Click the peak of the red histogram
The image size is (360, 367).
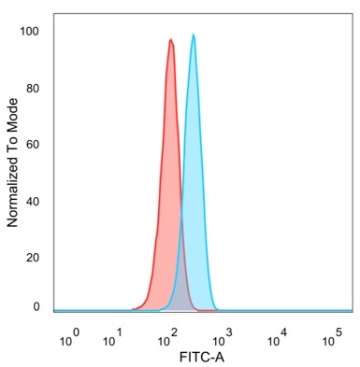tap(170, 40)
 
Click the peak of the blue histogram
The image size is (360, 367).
tap(194, 35)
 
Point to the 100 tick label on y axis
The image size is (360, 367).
tap(31, 32)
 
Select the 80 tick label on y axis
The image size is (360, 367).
tap(34, 89)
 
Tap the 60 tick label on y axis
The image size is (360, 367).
tap(34, 145)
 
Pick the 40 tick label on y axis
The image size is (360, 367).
tap(34, 201)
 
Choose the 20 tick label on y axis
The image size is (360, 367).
tap(34, 257)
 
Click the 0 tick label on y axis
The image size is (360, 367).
tap(36, 306)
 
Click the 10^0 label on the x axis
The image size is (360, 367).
tap(70, 338)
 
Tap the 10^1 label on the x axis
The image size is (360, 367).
tap(113, 338)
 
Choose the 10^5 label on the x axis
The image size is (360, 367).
tap(332, 338)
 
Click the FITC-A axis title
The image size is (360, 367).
tap(202, 357)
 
